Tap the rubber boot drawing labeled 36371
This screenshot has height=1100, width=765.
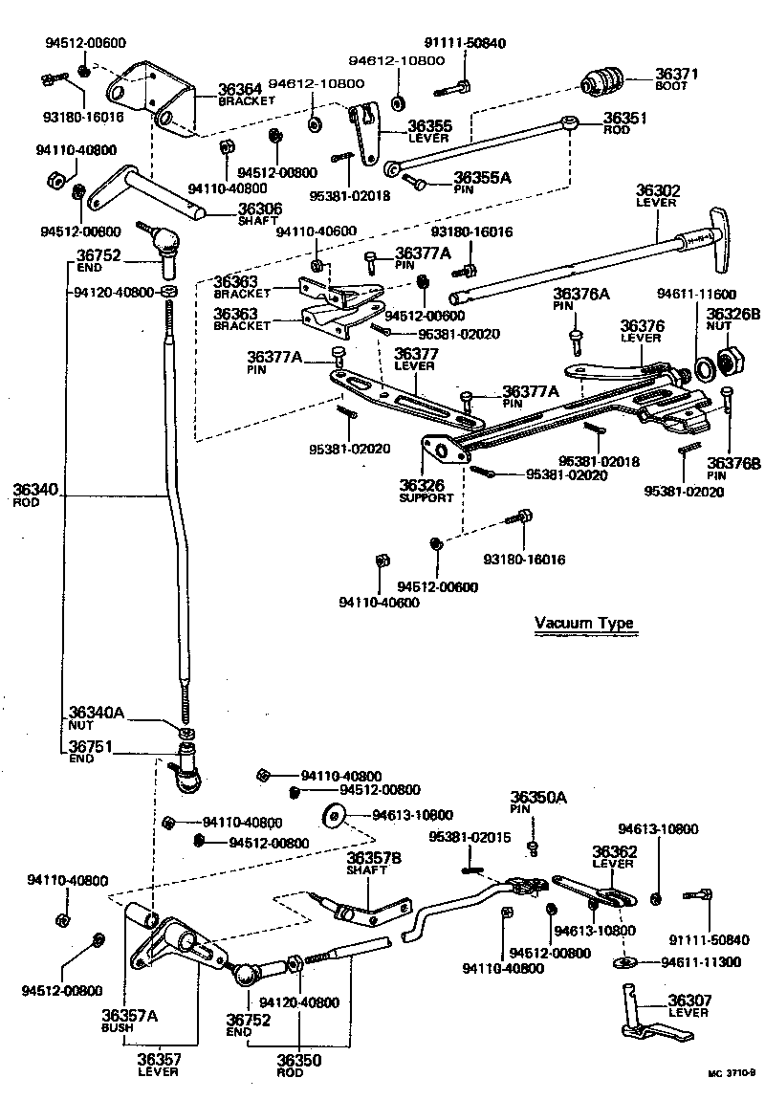click(x=602, y=80)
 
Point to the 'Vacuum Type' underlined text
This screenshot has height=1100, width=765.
click(x=583, y=623)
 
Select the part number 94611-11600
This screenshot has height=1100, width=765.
click(x=696, y=294)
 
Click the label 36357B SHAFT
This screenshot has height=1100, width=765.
click(x=374, y=863)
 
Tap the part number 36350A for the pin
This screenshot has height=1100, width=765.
click(x=538, y=802)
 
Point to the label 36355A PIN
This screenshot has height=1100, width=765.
click(x=483, y=182)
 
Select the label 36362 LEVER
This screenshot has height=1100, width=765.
click(x=614, y=856)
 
